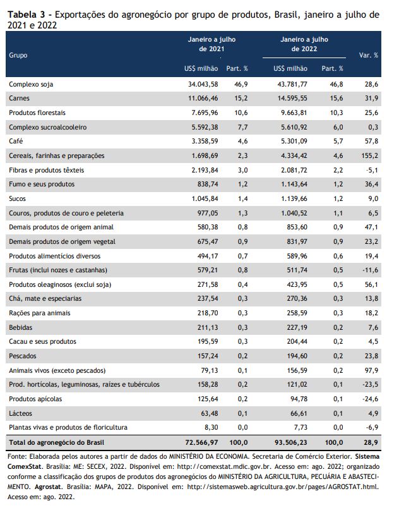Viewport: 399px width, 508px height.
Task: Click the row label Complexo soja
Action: (x=31, y=84)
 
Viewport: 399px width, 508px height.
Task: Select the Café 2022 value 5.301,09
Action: (x=294, y=142)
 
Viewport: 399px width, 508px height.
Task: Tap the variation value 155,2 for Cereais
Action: (x=369, y=155)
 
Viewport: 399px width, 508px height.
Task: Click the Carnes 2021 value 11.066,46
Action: (x=203, y=98)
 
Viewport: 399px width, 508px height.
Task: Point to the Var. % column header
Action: (x=368, y=55)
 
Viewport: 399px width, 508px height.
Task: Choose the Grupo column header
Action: (x=18, y=55)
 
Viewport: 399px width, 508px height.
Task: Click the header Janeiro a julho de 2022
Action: (x=304, y=44)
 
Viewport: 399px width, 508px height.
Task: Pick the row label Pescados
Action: (x=23, y=356)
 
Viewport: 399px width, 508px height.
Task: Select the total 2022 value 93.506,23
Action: (x=291, y=442)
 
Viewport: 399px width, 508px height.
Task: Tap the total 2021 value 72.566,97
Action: (x=201, y=442)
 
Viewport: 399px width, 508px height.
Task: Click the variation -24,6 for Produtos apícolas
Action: (x=371, y=399)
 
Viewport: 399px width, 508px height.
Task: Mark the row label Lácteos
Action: (x=21, y=413)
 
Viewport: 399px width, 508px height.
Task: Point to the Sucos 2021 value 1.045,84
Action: (x=205, y=198)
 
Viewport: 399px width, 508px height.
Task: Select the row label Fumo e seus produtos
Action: (x=42, y=184)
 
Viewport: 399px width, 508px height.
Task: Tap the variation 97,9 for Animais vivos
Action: (x=371, y=370)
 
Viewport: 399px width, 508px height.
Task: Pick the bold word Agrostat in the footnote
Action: (x=48, y=487)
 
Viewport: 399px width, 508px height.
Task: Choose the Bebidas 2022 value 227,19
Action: (x=297, y=327)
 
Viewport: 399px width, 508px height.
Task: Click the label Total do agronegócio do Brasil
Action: (x=57, y=442)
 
